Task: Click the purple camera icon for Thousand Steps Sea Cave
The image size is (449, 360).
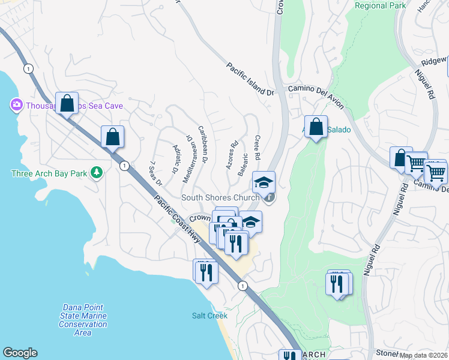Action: click(x=16, y=106)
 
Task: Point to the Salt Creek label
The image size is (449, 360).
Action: click(x=209, y=316)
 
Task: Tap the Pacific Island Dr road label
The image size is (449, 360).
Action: click(x=250, y=79)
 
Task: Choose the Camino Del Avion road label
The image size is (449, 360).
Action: click(x=316, y=96)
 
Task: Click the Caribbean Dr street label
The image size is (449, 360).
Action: click(x=203, y=145)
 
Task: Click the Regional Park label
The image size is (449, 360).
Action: click(x=381, y=6)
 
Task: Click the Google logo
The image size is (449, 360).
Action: click(x=20, y=353)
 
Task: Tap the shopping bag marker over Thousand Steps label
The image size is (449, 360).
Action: click(x=67, y=103)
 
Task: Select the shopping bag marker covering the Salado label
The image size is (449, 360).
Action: click(x=316, y=127)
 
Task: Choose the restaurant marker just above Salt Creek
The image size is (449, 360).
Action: click(x=205, y=271)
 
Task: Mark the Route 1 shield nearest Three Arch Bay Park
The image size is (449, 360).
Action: click(x=123, y=165)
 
